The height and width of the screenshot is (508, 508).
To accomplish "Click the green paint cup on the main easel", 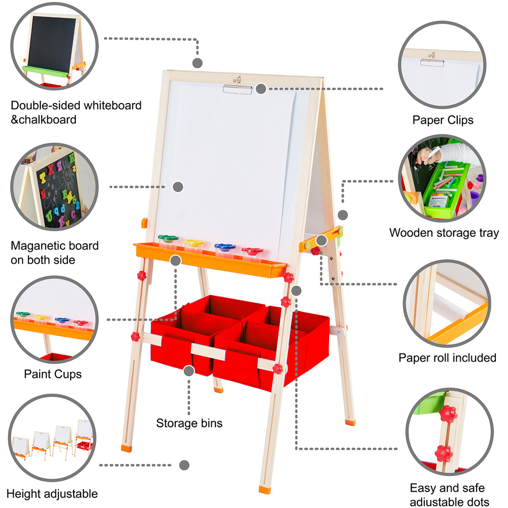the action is (168, 242).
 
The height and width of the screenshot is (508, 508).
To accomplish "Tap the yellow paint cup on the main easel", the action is (194, 246).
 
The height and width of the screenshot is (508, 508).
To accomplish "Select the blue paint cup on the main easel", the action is (225, 250).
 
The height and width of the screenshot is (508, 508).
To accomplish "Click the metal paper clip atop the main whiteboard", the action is (237, 89).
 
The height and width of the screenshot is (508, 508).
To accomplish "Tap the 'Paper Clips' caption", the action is (442, 120).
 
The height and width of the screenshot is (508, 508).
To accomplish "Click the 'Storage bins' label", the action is (189, 423).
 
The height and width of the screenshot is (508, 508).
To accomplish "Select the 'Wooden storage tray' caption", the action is (444, 233).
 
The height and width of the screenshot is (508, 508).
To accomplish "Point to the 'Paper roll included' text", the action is (447, 358).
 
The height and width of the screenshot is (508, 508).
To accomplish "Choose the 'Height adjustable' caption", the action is (52, 494).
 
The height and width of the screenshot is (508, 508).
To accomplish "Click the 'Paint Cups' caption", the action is (53, 374).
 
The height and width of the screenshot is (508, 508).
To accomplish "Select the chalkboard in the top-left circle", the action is (52, 44).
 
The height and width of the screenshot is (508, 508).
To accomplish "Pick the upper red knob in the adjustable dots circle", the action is (448, 414).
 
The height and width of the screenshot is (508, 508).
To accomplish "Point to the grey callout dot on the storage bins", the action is (189, 371).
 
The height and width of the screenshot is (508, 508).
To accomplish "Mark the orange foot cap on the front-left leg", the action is (126, 449).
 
